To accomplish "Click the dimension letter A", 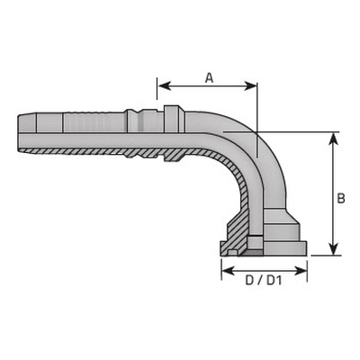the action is [x=209, y=77].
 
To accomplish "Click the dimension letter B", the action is [x=341, y=198].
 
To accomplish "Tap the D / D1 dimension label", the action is [x=264, y=281].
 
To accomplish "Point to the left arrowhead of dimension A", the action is [x=165, y=86].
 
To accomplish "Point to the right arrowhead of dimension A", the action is [x=251, y=86].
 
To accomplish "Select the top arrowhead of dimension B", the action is [x=333, y=139].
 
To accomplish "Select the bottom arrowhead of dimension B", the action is [x=333, y=248].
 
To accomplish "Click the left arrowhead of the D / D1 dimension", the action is [x=229, y=271].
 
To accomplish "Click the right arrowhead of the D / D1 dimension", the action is [x=301, y=271].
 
